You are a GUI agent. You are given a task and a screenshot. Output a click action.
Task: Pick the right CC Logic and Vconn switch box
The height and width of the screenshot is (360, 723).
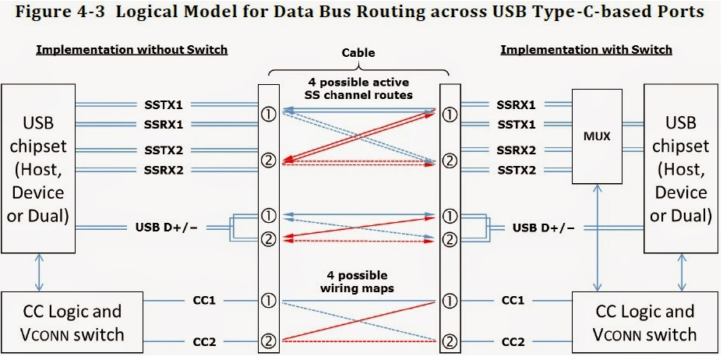[645, 322]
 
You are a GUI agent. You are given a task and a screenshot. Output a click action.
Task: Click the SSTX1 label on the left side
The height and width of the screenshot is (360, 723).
[163, 104]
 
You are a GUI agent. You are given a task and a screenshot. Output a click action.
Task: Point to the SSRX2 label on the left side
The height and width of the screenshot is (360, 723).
[163, 170]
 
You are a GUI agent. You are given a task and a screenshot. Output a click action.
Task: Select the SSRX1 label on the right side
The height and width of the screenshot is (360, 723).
[516, 104]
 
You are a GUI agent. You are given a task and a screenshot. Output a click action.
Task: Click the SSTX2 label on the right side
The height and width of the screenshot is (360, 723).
[516, 170]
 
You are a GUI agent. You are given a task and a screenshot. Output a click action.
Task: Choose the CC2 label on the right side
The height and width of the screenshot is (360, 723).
[513, 341]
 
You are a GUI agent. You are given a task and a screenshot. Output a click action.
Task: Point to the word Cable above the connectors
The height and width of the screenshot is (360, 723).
[358, 54]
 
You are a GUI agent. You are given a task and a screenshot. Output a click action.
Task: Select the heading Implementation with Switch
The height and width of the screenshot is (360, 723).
[586, 50]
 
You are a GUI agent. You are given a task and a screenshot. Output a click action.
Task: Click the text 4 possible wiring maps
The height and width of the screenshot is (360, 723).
[358, 281]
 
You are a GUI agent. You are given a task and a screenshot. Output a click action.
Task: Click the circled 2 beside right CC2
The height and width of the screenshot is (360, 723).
[449, 341]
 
